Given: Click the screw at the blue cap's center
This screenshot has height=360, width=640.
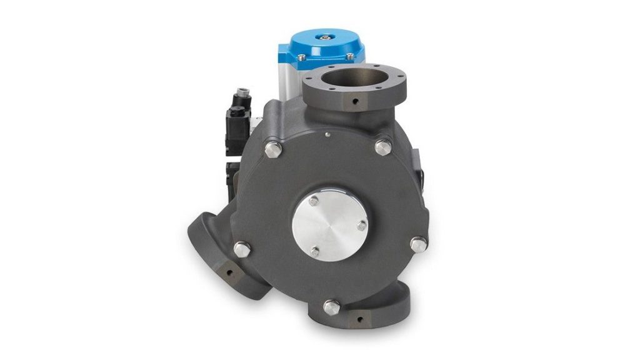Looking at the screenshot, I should (x=326, y=38).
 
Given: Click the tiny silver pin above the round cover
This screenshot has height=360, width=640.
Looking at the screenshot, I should (x=327, y=134).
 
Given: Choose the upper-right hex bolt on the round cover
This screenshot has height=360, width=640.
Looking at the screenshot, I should (x=382, y=147).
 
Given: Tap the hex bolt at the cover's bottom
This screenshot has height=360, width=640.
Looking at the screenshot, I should (x=331, y=307).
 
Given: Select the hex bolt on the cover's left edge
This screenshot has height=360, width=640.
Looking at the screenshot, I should (x=241, y=249).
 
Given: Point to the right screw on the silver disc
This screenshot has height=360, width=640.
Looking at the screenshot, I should (x=361, y=227).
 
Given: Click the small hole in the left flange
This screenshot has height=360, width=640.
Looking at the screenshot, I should (x=228, y=272).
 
